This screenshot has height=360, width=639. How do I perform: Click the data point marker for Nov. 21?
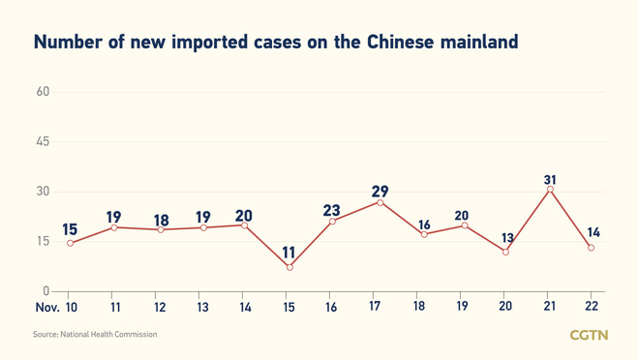[550, 190]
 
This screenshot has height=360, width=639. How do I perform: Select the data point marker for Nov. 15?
[289, 267]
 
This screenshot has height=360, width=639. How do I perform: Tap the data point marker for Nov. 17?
[380, 202]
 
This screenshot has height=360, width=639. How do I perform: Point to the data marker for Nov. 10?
[70, 243]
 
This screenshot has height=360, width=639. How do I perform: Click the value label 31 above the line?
[550, 180]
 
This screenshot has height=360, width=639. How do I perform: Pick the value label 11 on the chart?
[289, 253]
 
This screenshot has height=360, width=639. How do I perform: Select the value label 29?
[380, 192]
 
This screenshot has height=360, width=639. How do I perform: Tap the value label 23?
[332, 210]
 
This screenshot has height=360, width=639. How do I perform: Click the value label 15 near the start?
[70, 229]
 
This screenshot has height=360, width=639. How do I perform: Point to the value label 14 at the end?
[593, 233]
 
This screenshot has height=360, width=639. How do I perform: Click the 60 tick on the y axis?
[43, 92]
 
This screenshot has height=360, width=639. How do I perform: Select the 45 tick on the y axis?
[43, 142]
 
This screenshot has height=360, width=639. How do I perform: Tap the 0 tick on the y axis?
[46, 290]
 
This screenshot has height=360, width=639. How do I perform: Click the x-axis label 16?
[331, 307]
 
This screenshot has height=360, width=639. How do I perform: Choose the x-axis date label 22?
[592, 307]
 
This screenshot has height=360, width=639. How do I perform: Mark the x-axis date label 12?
[160, 307]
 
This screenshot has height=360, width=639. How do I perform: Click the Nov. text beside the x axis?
[46, 307]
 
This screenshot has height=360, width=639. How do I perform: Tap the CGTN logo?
[589, 335]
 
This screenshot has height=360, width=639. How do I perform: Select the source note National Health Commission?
[108, 335]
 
